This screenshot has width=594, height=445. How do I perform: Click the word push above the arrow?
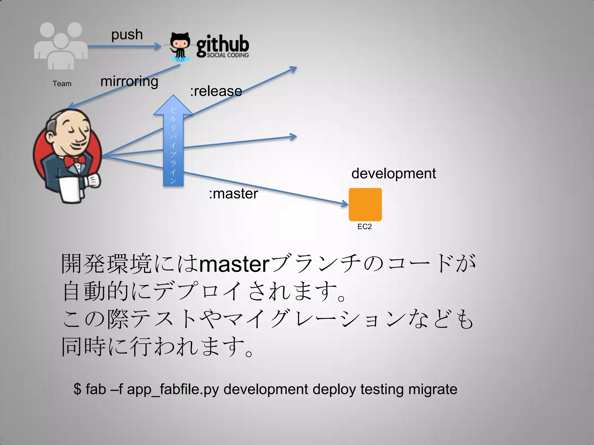[127, 35]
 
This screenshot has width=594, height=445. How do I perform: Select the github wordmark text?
[223, 45]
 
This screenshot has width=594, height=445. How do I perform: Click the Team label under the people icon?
[62, 84]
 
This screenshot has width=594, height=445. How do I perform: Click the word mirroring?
[129, 81]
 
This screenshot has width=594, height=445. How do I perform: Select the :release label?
[216, 91]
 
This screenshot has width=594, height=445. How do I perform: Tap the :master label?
[233, 194]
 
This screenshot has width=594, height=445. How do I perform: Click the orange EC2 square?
[365, 205]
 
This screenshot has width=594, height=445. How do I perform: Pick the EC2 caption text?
[365, 227]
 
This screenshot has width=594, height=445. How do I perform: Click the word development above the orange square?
[394, 174]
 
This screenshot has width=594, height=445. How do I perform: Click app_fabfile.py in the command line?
[173, 389]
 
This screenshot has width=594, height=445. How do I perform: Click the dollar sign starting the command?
[77, 389]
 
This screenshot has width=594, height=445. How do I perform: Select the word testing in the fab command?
[382, 389]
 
